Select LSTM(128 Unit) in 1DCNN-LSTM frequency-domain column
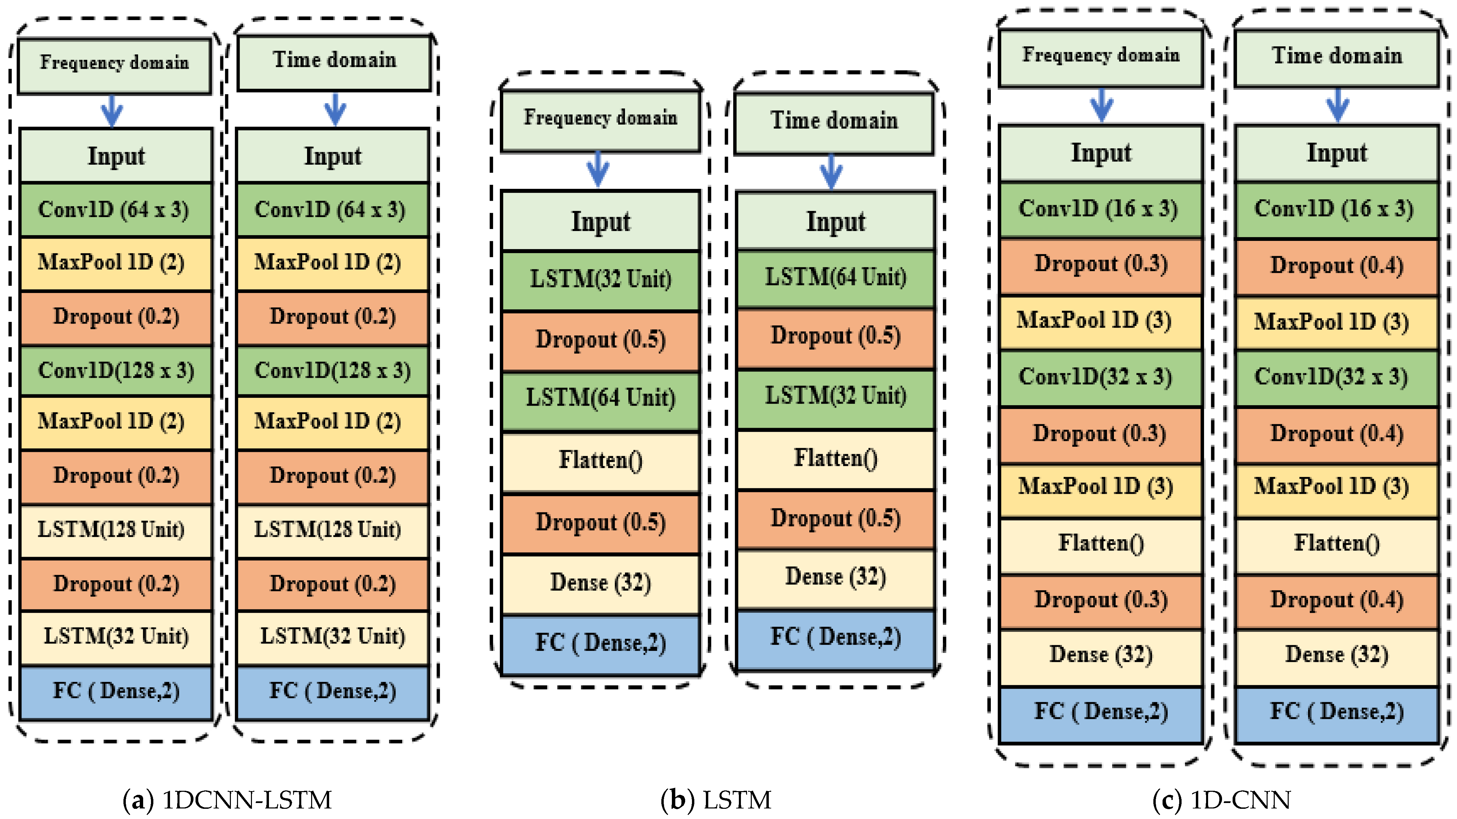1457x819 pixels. click(116, 530)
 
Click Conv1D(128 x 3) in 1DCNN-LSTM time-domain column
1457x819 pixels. click(333, 371)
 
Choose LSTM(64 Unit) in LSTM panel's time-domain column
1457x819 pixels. click(835, 277)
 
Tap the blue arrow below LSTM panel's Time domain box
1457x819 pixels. click(831, 171)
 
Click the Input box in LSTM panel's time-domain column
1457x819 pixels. click(835, 221)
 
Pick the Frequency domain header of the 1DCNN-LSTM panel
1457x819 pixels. click(114, 63)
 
